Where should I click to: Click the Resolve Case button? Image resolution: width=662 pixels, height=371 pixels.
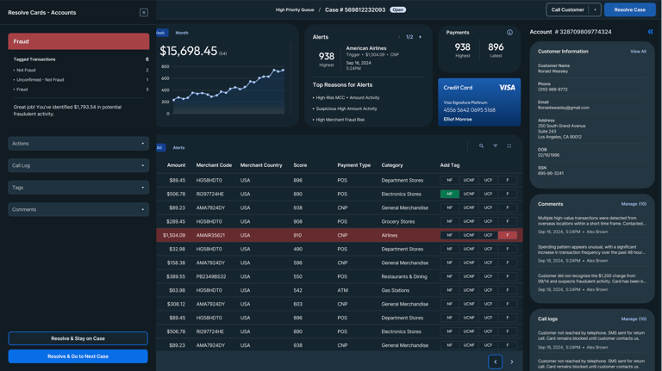pyautogui.click(x=629, y=9)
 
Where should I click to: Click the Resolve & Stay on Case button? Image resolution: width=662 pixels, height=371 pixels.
pyautogui.click(x=78, y=338)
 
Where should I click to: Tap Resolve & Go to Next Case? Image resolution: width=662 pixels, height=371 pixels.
pyautogui.click(x=78, y=356)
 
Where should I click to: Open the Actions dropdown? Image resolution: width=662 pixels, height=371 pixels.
pyautogui.click(x=78, y=144)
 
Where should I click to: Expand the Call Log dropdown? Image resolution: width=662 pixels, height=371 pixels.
pyautogui.click(x=78, y=165)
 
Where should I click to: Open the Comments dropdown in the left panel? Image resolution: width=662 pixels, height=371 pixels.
pyautogui.click(x=78, y=209)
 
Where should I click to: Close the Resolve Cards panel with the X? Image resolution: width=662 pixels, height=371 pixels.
pyautogui.click(x=144, y=13)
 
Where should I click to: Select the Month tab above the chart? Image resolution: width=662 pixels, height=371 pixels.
pyautogui.click(x=182, y=33)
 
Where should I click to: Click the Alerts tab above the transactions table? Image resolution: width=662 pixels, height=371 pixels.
pyautogui.click(x=179, y=147)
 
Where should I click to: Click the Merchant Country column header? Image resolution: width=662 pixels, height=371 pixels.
pyautogui.click(x=261, y=164)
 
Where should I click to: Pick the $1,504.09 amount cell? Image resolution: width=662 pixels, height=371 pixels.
pyautogui.click(x=174, y=235)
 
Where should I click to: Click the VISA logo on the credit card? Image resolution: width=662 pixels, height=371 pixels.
pyautogui.click(x=507, y=87)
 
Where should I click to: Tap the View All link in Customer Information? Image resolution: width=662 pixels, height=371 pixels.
pyautogui.click(x=638, y=52)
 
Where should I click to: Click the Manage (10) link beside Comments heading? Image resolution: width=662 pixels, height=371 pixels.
pyautogui.click(x=634, y=204)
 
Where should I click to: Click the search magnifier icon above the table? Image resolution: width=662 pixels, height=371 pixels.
pyautogui.click(x=481, y=146)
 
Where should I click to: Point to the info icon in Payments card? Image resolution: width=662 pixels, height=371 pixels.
pyautogui.click(x=509, y=33)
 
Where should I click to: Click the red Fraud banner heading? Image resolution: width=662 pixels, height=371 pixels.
pyautogui.click(x=78, y=41)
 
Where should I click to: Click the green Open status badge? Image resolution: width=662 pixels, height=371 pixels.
pyautogui.click(x=397, y=10)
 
